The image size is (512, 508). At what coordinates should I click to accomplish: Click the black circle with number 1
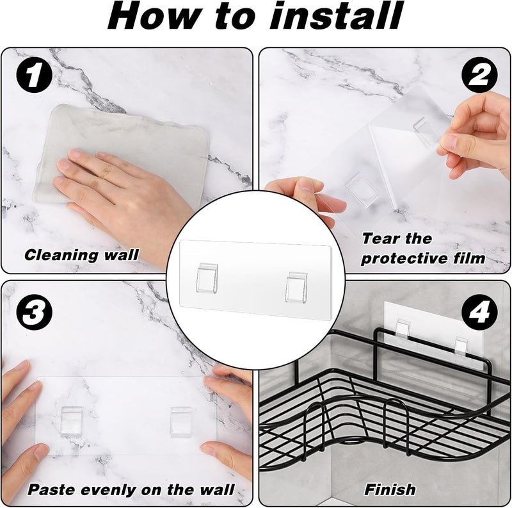pyautogui.click(x=34, y=75)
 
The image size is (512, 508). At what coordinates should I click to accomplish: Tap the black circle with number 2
pyautogui.click(x=479, y=75)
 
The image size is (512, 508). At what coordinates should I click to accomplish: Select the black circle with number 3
pyautogui.click(x=34, y=312)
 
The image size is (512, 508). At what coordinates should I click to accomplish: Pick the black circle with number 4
pyautogui.click(x=479, y=312)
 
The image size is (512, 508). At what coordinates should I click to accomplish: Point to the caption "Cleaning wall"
pyautogui.click(x=82, y=255)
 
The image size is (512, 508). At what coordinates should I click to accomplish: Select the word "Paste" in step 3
pyautogui.click(x=52, y=489)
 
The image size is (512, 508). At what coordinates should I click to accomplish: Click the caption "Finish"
pyautogui.click(x=390, y=489)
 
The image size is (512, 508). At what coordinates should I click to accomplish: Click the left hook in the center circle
pyautogui.click(x=207, y=278)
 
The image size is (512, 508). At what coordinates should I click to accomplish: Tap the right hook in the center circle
pyautogui.click(x=296, y=287)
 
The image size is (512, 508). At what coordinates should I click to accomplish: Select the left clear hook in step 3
pyautogui.click(x=71, y=422)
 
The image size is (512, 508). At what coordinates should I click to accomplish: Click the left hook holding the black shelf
pyautogui.click(x=403, y=329)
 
